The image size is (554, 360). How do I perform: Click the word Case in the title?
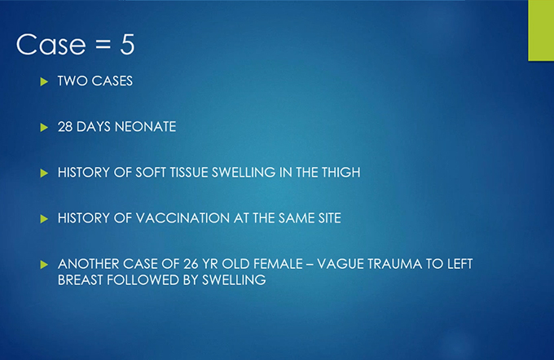tap(51, 45)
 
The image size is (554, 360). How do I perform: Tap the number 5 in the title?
tap(127, 45)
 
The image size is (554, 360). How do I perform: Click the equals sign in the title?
tap(103, 45)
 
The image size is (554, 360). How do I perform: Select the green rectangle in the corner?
tap(541, 30)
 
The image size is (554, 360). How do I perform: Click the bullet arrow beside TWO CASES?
tap(44, 81)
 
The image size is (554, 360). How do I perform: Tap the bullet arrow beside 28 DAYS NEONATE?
tap(44, 127)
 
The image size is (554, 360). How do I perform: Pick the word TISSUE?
tap(189, 173)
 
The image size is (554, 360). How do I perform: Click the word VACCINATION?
tap(182, 218)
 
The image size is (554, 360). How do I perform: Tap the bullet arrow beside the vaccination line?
tap(44, 218)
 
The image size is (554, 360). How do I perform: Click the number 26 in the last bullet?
tap(191, 264)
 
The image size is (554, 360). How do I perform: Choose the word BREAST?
tap(81, 280)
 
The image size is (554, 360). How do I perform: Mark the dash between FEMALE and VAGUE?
tap(310, 265)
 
